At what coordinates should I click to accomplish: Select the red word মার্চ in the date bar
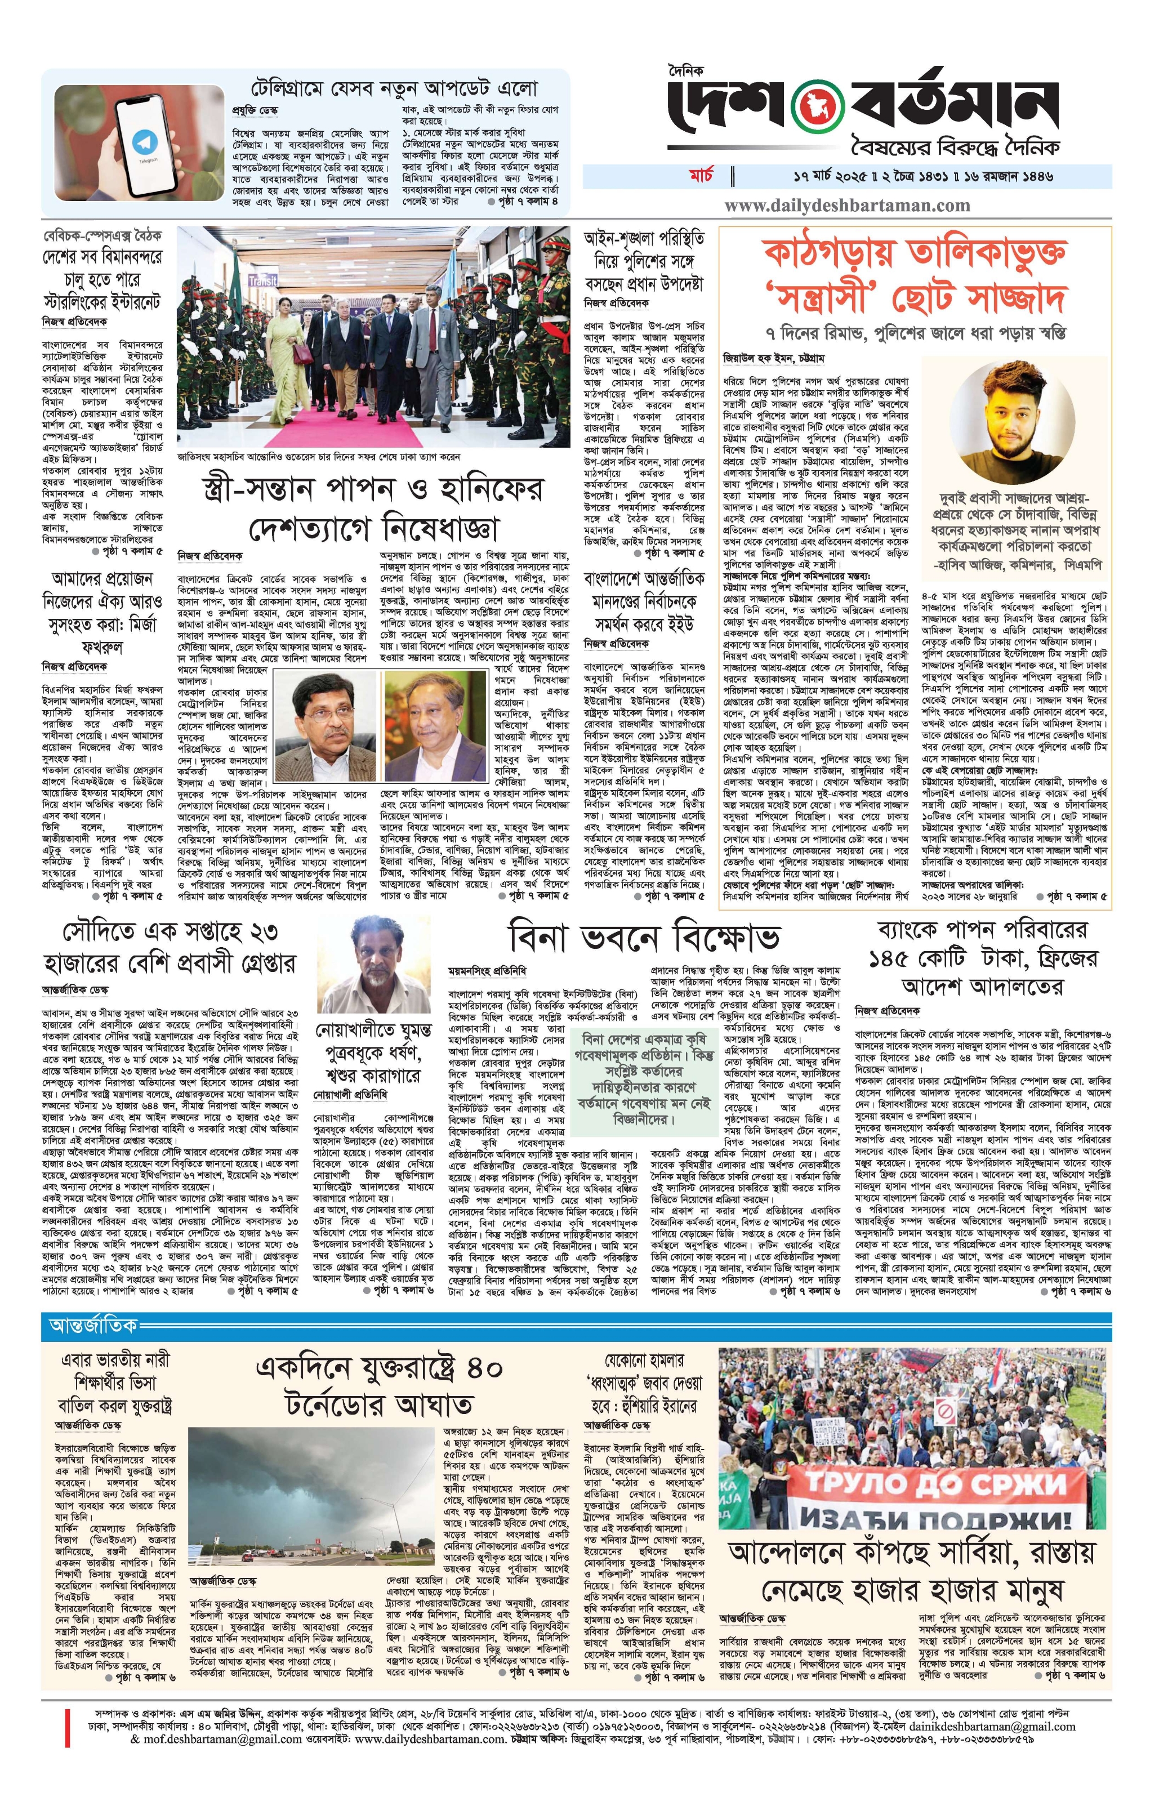(x=705, y=176)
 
